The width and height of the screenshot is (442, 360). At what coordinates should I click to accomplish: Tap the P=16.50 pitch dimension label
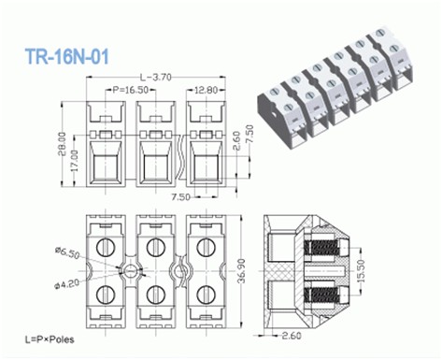(131, 91)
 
